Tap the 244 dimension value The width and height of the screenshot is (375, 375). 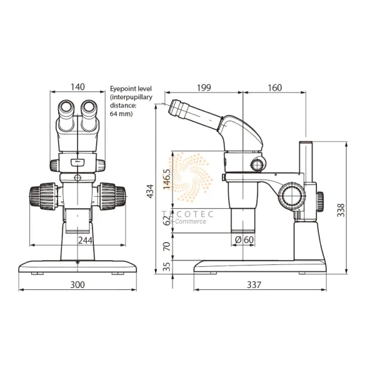pos(86,240)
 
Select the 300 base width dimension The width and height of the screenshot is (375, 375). pos(77,284)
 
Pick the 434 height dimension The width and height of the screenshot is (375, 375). pos(150,191)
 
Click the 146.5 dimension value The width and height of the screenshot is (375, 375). pos(166,181)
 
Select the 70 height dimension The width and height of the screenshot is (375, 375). pos(166,246)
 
